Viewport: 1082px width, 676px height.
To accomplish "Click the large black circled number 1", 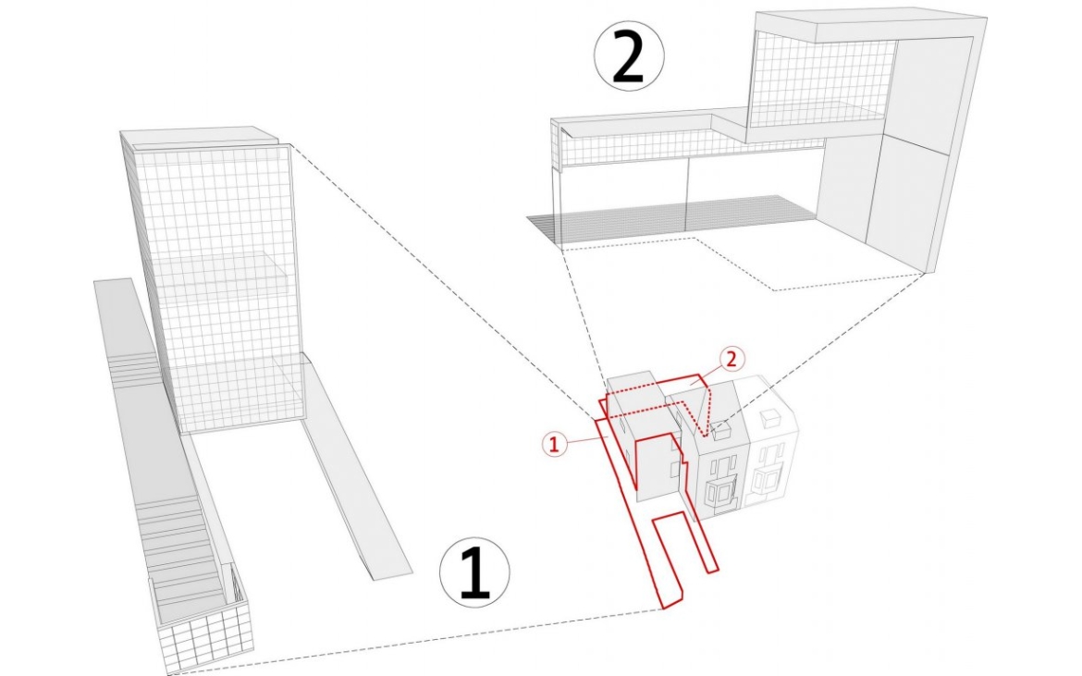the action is pyautogui.click(x=475, y=572).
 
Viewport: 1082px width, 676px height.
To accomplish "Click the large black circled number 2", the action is pyautogui.click(x=629, y=56).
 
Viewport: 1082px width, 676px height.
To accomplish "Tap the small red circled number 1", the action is pyautogui.click(x=555, y=443).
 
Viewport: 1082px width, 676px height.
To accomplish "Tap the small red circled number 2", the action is pyautogui.click(x=732, y=360).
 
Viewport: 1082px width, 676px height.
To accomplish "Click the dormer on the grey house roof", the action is pyautogui.click(x=722, y=431).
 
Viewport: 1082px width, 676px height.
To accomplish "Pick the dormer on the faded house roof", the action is pyautogui.click(x=769, y=417).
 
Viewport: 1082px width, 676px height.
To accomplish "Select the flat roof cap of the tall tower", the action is pyautogui.click(x=199, y=137).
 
